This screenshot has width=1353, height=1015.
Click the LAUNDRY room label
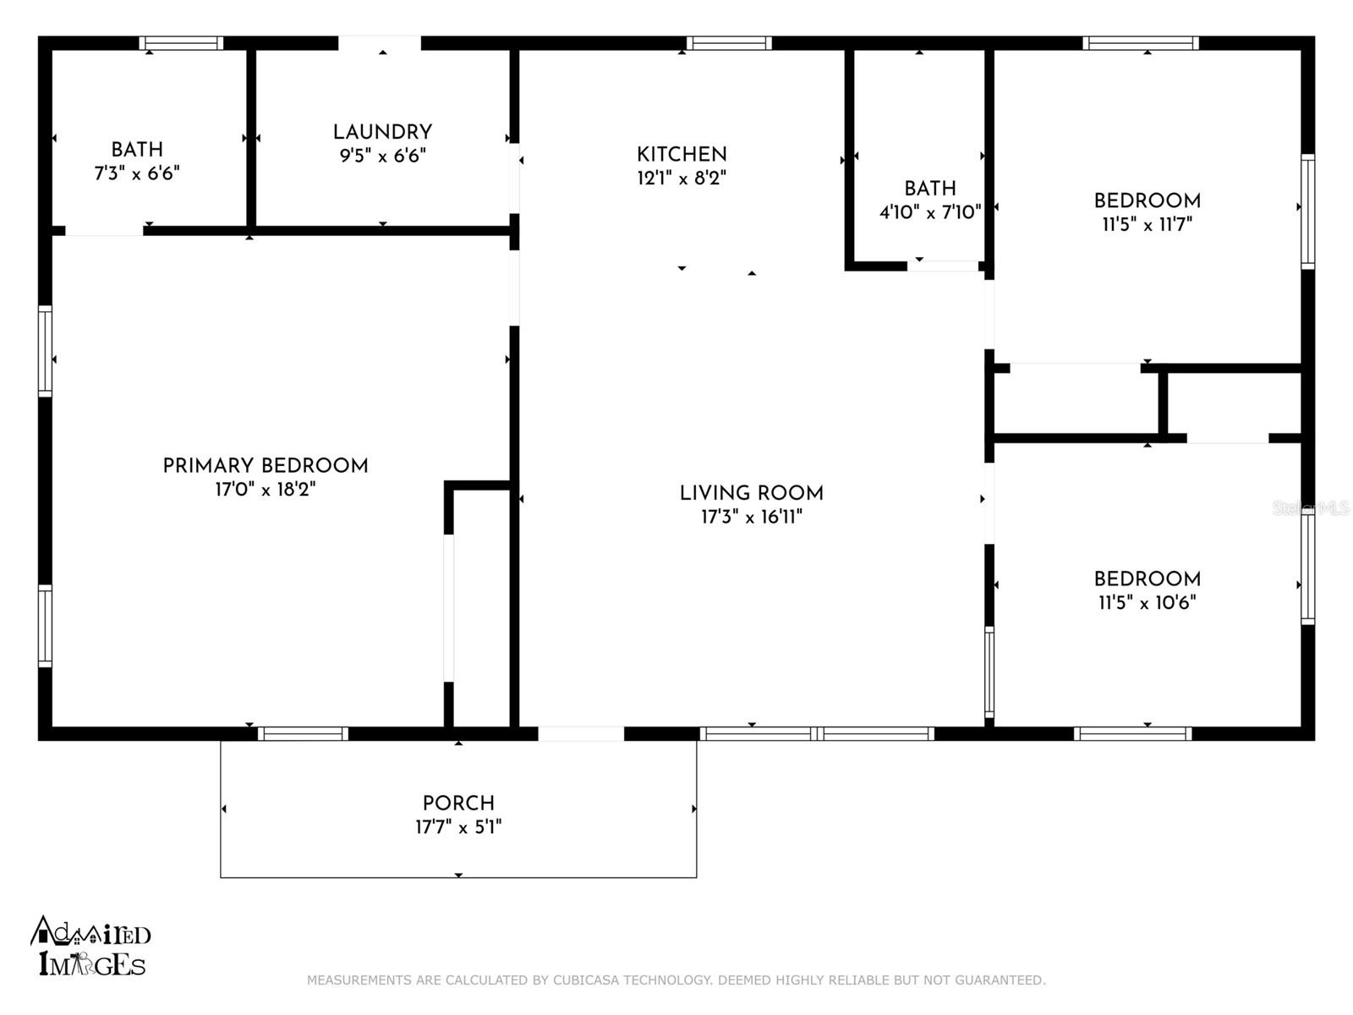(382, 132)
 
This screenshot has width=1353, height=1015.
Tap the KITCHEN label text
(681, 154)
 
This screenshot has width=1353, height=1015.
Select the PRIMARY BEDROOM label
(265, 466)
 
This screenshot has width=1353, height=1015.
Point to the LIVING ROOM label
(752, 493)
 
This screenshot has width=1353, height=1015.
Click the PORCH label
(458, 803)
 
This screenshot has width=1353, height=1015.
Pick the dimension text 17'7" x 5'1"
(458, 826)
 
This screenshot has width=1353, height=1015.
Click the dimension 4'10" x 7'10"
(930, 212)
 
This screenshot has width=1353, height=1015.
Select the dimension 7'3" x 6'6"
(137, 173)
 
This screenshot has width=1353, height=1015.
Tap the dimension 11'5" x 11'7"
(1148, 224)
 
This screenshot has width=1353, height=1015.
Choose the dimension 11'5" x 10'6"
(1148, 602)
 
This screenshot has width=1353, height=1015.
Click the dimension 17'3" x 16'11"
(752, 517)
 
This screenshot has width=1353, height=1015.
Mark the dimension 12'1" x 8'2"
(681, 178)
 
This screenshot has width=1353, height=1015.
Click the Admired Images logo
(90, 946)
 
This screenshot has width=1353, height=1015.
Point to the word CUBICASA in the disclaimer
(585, 979)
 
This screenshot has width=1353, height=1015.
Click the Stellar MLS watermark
(1311, 508)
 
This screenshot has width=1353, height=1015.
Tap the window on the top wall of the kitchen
(729, 43)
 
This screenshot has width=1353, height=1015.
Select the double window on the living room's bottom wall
(817, 733)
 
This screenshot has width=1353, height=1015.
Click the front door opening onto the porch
(581, 733)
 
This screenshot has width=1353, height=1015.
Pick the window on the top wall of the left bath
(181, 43)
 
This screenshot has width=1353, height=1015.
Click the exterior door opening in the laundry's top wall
(380, 43)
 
